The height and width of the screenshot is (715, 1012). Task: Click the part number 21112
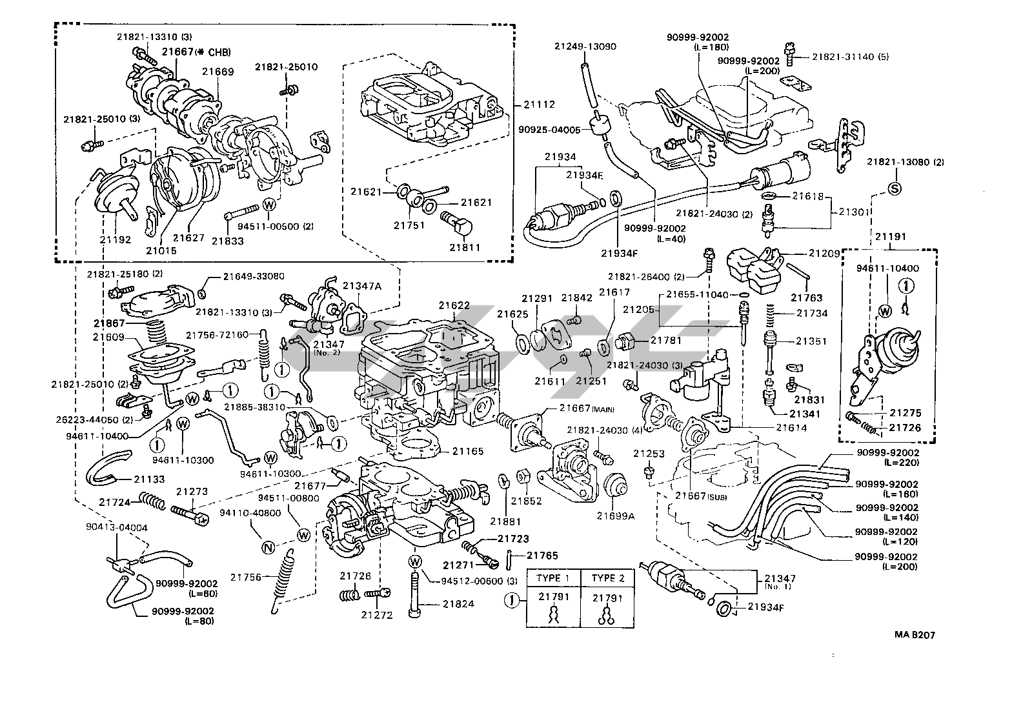point(539,105)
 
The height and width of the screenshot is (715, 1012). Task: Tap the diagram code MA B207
point(914,635)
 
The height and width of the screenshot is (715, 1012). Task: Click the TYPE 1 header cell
point(554,578)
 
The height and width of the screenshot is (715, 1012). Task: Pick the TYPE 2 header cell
point(608,578)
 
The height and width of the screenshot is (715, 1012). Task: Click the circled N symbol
point(268,548)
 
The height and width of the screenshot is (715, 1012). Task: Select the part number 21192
point(116,239)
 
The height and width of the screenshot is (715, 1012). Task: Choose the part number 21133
point(150,479)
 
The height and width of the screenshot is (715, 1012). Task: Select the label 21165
point(468,451)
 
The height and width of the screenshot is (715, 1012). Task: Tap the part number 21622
point(454,305)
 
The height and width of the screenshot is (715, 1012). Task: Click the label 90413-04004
point(117,527)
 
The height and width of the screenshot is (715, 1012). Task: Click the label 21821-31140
point(844,57)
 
